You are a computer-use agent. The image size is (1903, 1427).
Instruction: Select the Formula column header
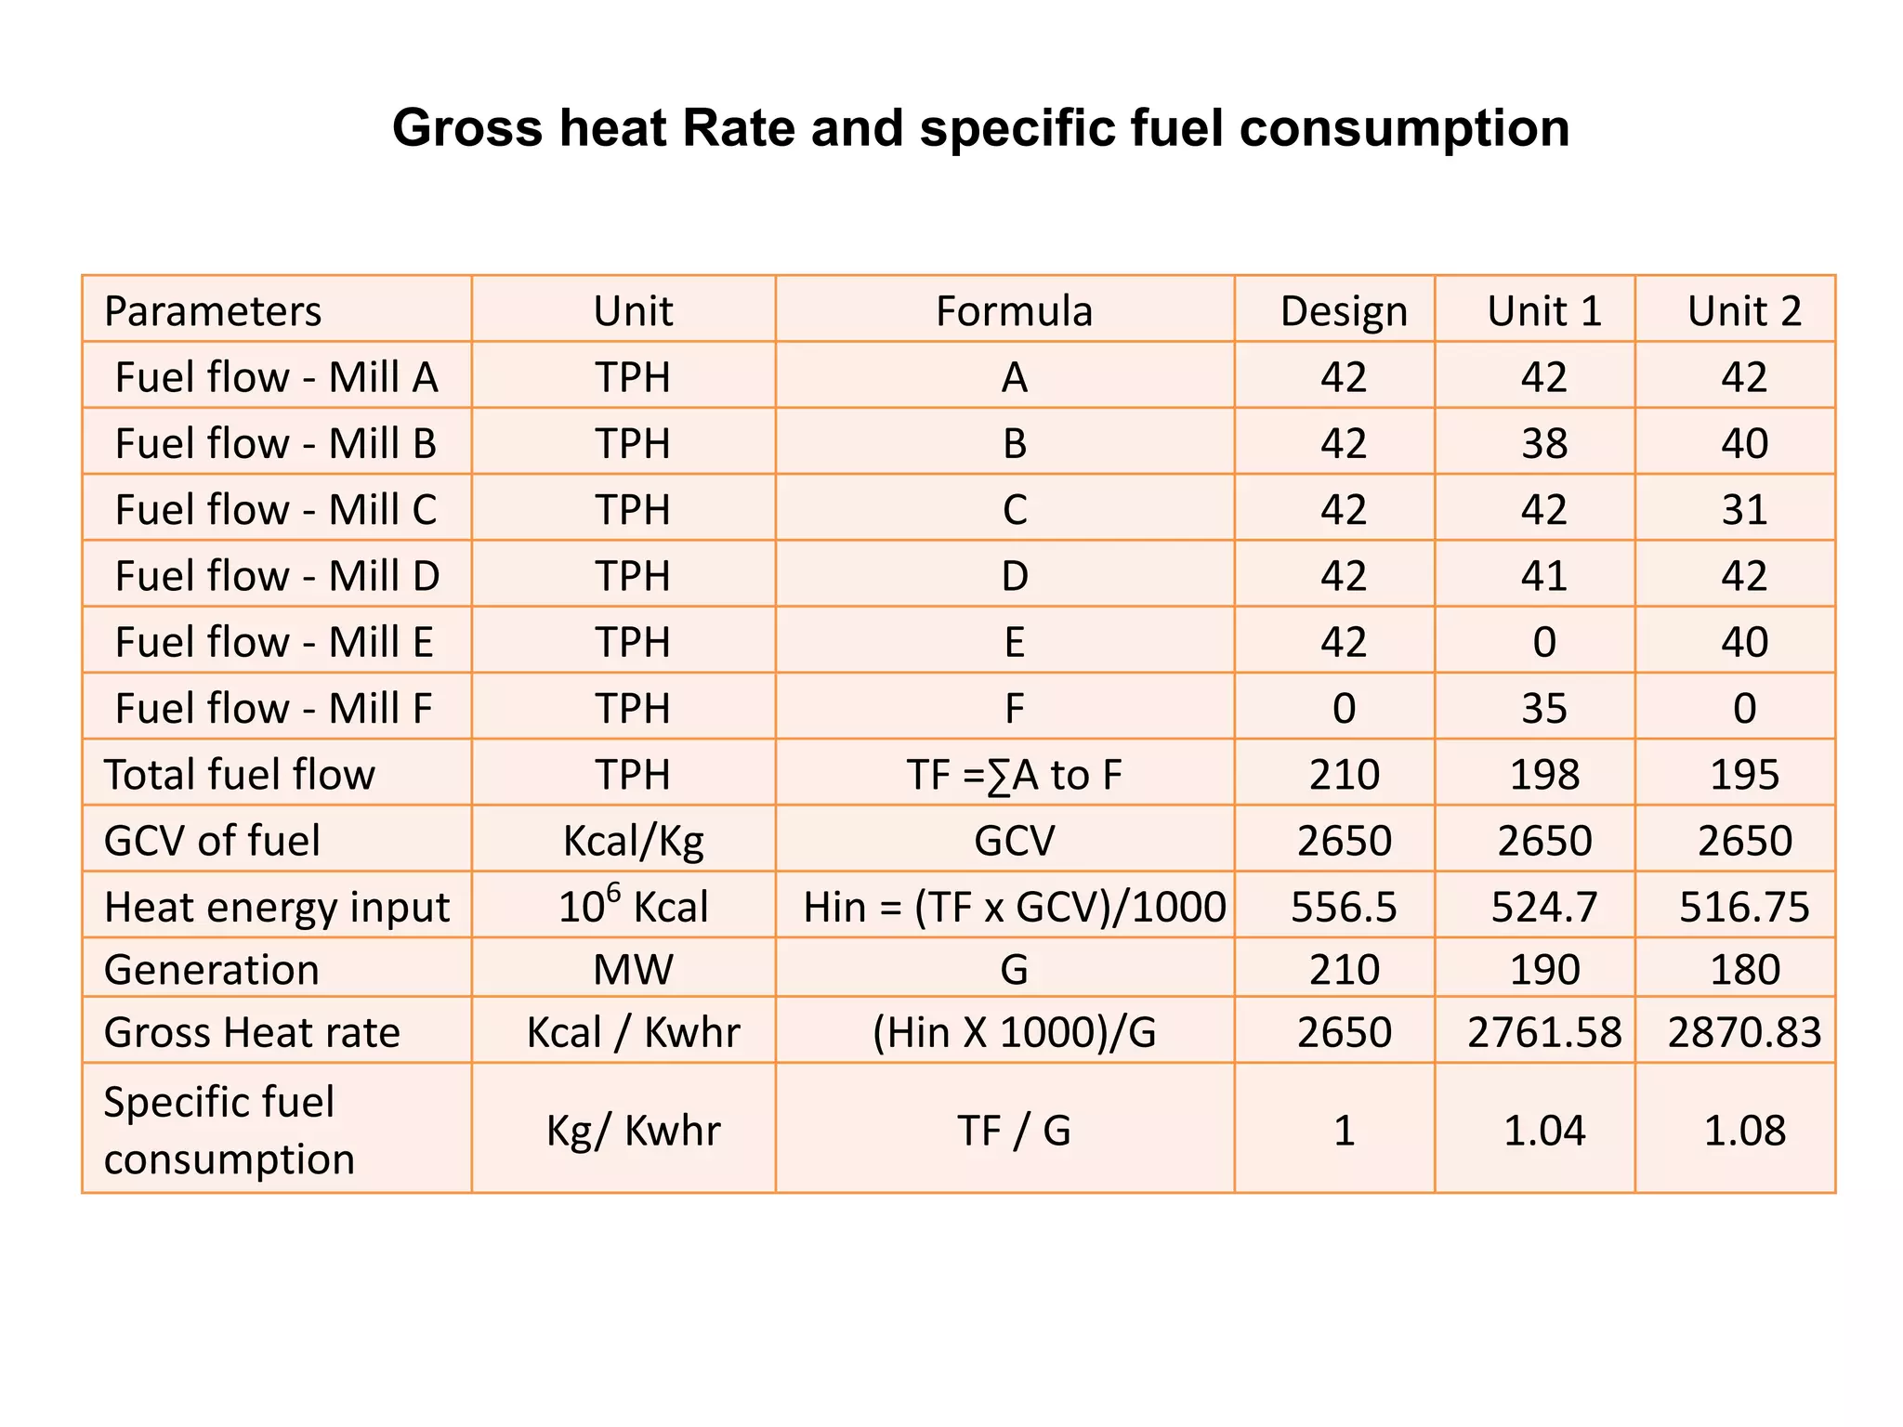(1014, 311)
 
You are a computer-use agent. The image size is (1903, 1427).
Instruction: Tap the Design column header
(1344, 311)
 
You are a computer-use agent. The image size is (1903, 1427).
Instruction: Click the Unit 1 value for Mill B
(1543, 443)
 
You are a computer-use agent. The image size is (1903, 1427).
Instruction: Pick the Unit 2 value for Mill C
(1743, 510)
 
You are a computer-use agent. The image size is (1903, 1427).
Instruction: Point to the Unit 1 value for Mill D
(1543, 576)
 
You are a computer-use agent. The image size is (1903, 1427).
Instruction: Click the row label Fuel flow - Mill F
(273, 709)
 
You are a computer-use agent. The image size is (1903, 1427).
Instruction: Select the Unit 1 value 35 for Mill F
(1543, 709)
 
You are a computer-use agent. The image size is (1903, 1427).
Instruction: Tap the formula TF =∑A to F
(1014, 775)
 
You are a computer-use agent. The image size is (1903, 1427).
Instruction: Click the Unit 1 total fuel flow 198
(1543, 775)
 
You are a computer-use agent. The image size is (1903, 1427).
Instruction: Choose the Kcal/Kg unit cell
(633, 841)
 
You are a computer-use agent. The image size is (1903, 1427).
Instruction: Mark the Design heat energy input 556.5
(1344, 907)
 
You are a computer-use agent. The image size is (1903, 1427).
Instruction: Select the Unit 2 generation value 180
(1744, 970)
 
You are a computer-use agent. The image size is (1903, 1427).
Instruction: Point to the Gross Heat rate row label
(252, 1033)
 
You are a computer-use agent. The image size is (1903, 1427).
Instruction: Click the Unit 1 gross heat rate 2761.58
(1543, 1033)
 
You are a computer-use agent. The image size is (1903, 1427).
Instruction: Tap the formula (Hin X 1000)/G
(1014, 1033)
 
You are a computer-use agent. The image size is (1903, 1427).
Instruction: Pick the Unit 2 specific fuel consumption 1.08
(1744, 1131)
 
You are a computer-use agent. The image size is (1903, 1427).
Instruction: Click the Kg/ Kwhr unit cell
(633, 1131)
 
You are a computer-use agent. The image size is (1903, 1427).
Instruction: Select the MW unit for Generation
(633, 970)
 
